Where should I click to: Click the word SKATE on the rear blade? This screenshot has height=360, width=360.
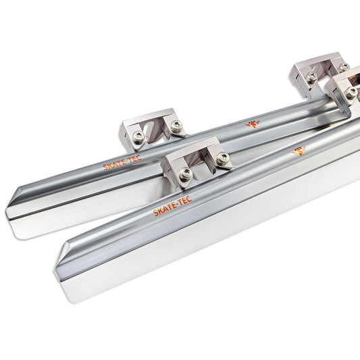[x=114, y=164]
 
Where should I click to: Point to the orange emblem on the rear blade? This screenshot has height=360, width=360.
[x=253, y=124]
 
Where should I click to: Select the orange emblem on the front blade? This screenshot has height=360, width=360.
[x=299, y=151]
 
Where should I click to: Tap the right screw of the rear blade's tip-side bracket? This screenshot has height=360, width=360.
[x=176, y=126]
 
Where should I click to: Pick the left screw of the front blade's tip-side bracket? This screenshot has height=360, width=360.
[x=186, y=174]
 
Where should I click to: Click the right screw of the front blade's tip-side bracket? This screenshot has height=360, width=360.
[x=222, y=157]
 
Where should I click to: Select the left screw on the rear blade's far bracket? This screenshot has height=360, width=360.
[x=312, y=76]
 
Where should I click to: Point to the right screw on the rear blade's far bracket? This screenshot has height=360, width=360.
[x=344, y=67]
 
